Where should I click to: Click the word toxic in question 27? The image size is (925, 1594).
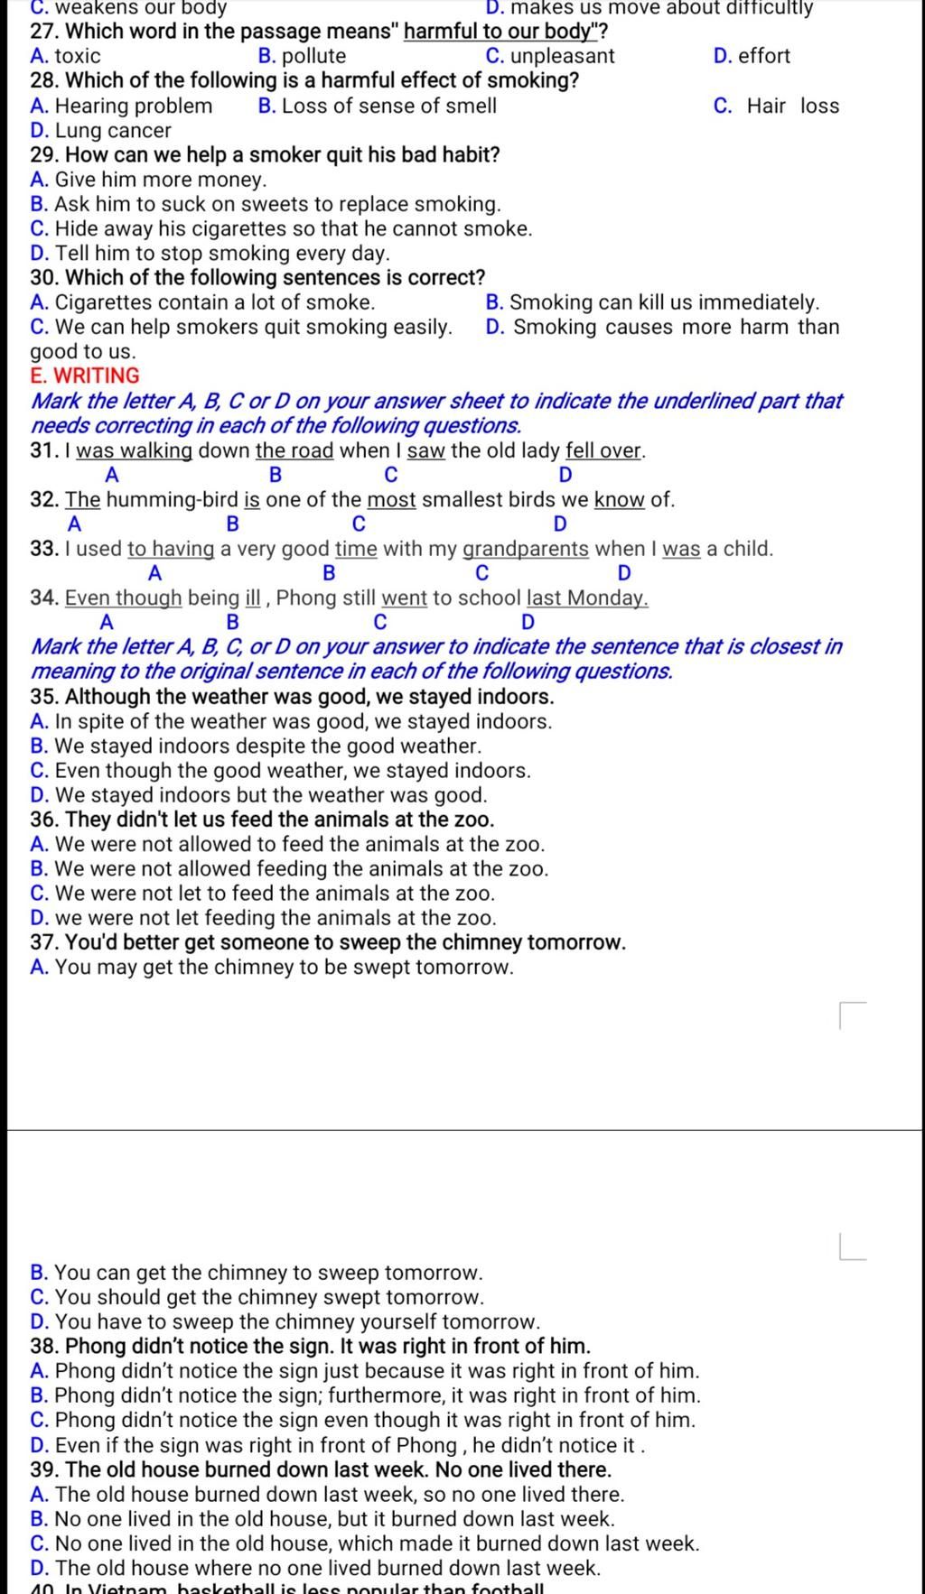[x=78, y=56]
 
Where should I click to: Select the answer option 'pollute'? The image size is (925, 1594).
[x=313, y=56]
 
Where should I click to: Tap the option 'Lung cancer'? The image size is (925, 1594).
[x=113, y=130]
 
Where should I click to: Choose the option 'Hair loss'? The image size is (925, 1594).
[x=792, y=106]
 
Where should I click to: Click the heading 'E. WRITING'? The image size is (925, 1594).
[x=85, y=375]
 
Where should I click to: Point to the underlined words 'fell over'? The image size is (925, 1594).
[x=604, y=450]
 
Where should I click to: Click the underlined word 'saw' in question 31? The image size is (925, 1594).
[x=425, y=450]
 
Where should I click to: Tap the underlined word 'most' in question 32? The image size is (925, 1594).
[x=391, y=499]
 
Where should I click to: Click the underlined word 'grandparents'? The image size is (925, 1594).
[x=526, y=549]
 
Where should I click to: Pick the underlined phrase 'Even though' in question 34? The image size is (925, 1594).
[x=124, y=598]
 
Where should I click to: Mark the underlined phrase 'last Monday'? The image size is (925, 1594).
[x=587, y=598]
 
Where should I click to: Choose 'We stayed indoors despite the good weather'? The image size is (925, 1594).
[x=267, y=746]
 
